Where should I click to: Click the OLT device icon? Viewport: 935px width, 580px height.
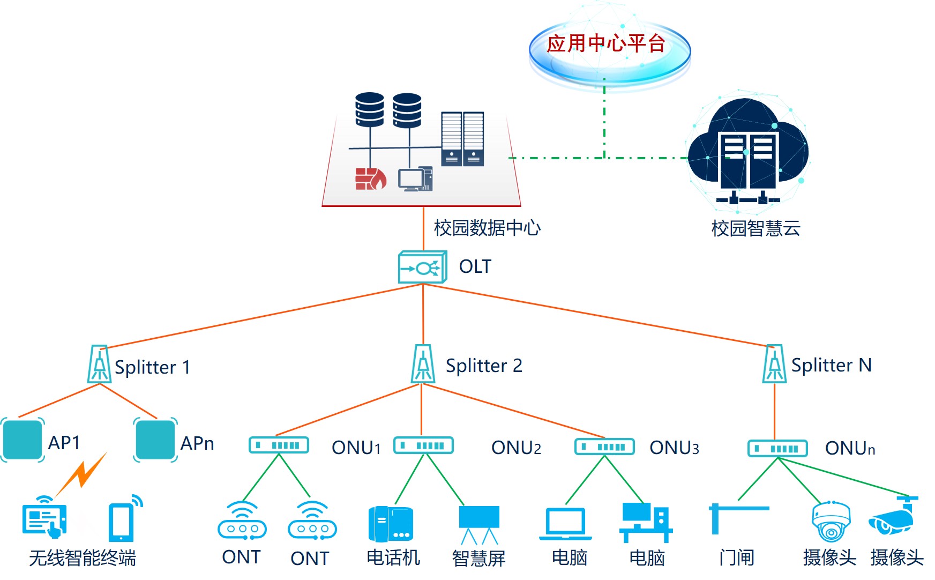coord(423,267)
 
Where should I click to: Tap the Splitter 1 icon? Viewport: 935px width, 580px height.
coord(100,365)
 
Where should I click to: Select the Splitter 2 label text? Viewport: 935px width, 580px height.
coord(484,366)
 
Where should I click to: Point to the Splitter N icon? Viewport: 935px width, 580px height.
coord(774,364)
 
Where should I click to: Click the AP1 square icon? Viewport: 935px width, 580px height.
coord(23,440)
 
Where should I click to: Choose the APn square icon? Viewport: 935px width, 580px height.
coord(155,440)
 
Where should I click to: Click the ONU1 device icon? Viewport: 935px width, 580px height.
coord(279,445)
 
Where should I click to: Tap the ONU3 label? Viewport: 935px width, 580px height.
coord(674,448)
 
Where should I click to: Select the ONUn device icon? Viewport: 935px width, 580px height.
coord(777,448)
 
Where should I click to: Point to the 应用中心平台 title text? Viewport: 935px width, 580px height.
coord(606,43)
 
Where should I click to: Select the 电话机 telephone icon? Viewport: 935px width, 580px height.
coord(391,524)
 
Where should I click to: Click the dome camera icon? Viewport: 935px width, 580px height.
coord(831,521)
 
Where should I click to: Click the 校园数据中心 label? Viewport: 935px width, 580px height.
coord(487,228)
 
